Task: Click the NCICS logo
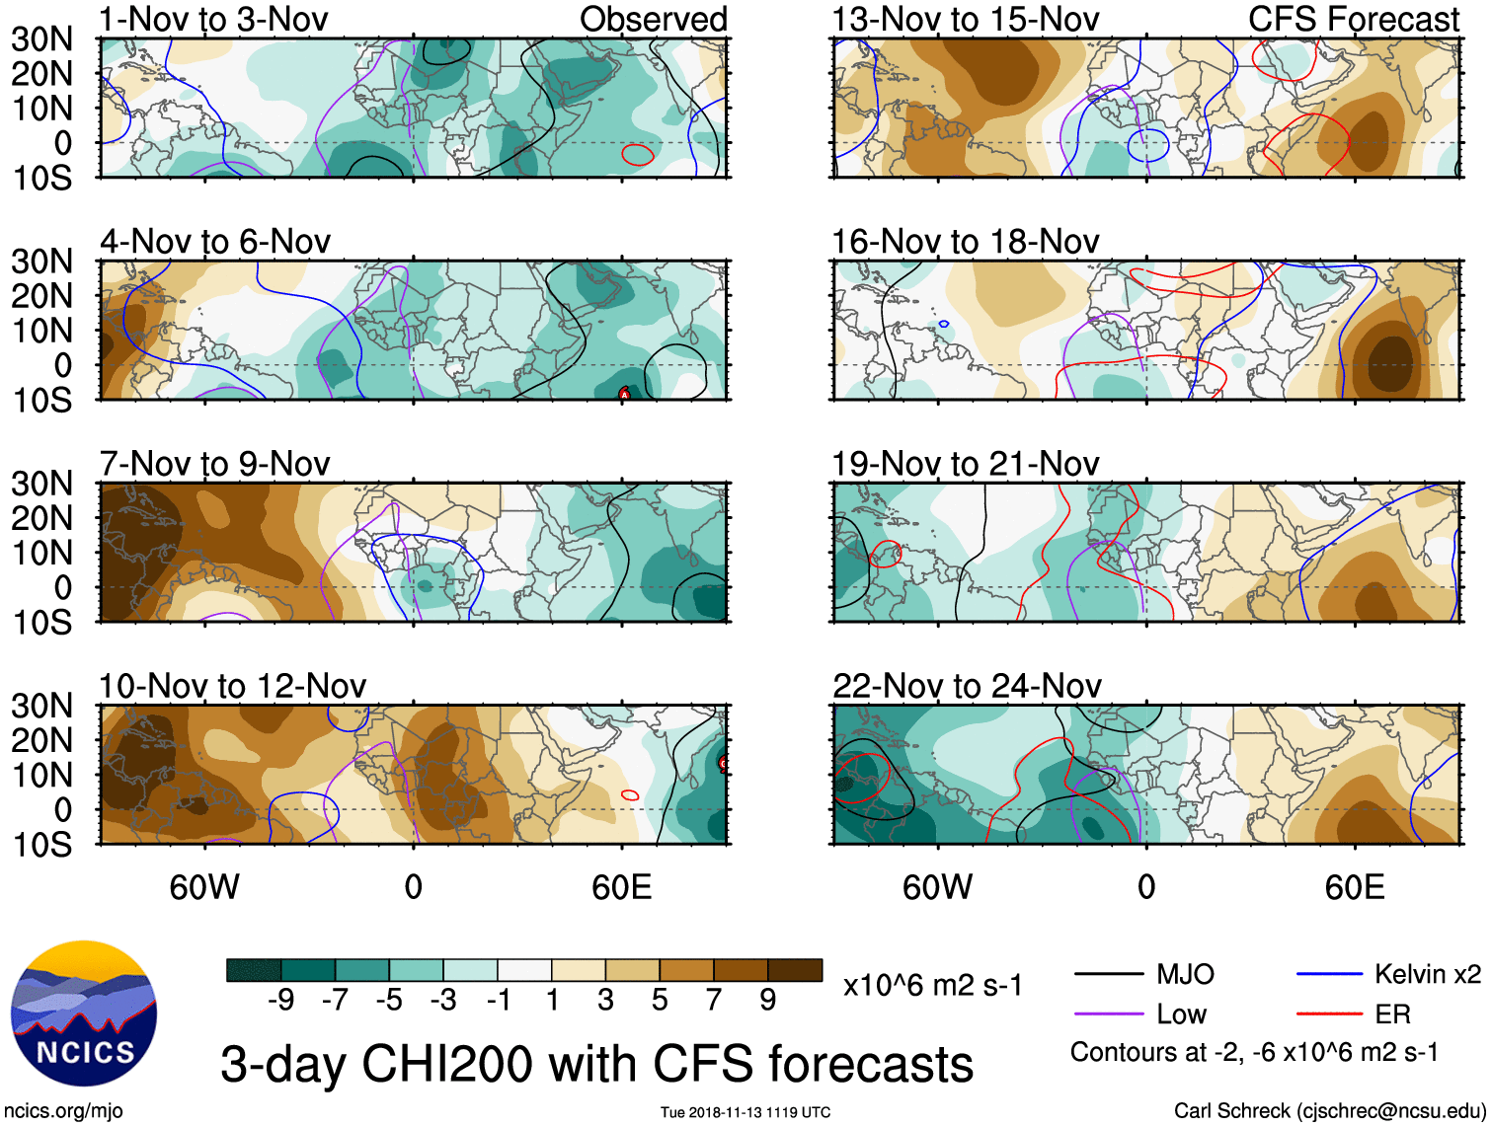[84, 1014]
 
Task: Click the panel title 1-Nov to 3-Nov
[213, 20]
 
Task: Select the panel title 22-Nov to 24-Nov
[967, 686]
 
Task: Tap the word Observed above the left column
[653, 20]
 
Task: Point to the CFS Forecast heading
[1353, 20]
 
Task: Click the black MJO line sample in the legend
[1108, 975]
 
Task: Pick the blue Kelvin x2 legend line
[1329, 975]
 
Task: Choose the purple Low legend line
[1108, 1014]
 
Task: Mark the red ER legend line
[1329, 1014]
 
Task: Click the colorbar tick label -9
[281, 1001]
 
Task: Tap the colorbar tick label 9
[767, 1001]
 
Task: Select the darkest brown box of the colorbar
[795, 970]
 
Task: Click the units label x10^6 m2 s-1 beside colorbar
[932, 985]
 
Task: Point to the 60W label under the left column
[204, 887]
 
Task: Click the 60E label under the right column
[1354, 887]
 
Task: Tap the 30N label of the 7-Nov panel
[42, 484]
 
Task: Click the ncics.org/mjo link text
[63, 1111]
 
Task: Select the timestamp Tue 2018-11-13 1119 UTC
[745, 1112]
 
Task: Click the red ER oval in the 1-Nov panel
[637, 154]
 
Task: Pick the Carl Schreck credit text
[1329, 1111]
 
